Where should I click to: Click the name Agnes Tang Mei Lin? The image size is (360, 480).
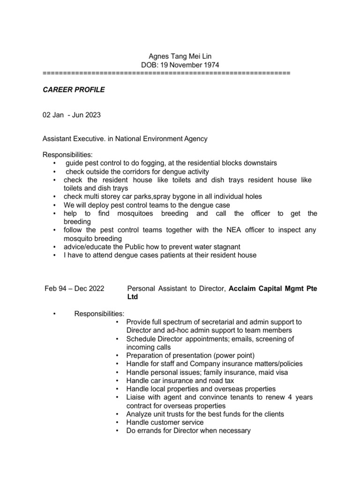(180, 56)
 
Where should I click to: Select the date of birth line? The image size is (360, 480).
(180, 65)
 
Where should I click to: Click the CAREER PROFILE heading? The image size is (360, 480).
(74, 90)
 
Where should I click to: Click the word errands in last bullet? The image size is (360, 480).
(150, 431)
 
